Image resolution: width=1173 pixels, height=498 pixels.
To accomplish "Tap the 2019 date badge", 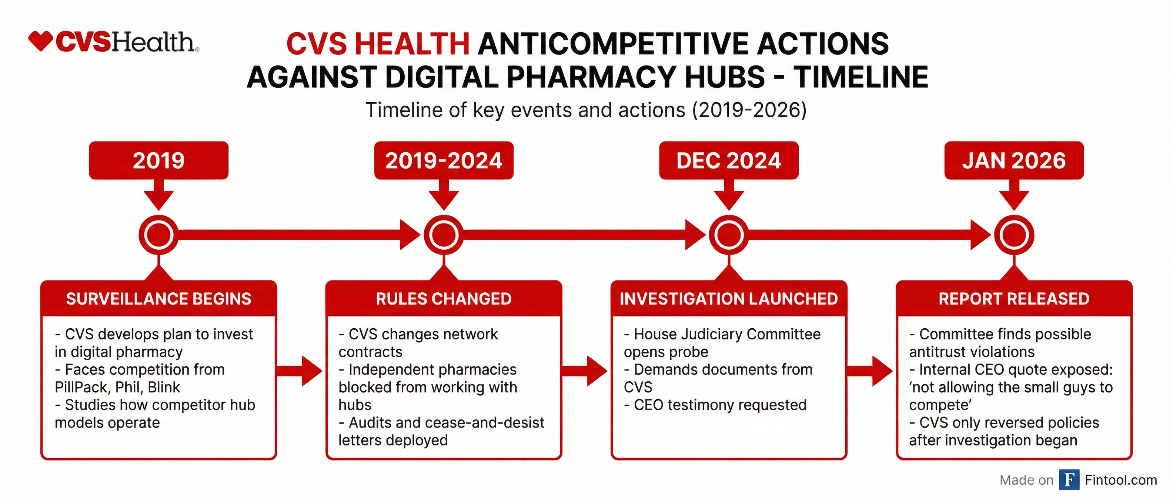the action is [158, 160].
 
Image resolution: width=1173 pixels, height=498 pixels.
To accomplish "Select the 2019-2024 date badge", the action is [444, 160].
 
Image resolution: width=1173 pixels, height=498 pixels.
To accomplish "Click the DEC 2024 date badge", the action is [729, 160].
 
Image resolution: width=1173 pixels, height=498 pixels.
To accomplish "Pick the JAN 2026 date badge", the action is [1014, 160].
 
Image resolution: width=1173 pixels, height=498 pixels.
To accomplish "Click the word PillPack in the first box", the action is [82, 387].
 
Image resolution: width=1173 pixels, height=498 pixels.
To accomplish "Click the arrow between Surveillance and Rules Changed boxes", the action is [300, 371].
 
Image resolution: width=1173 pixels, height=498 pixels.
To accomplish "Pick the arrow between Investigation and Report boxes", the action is [870, 371].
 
